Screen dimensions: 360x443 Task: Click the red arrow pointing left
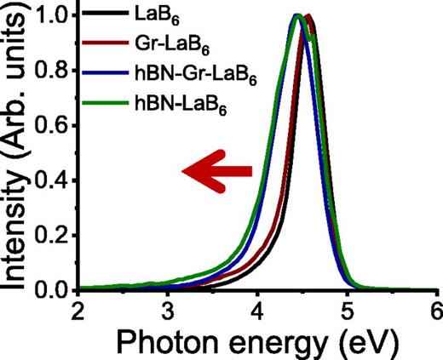point(218,171)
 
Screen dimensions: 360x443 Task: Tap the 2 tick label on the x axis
point(78,309)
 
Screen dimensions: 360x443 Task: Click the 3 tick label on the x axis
point(168,309)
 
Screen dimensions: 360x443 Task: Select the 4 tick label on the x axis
point(257,309)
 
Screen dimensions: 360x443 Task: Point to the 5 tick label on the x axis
point(347,309)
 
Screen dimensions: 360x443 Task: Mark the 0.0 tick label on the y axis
point(53,289)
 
